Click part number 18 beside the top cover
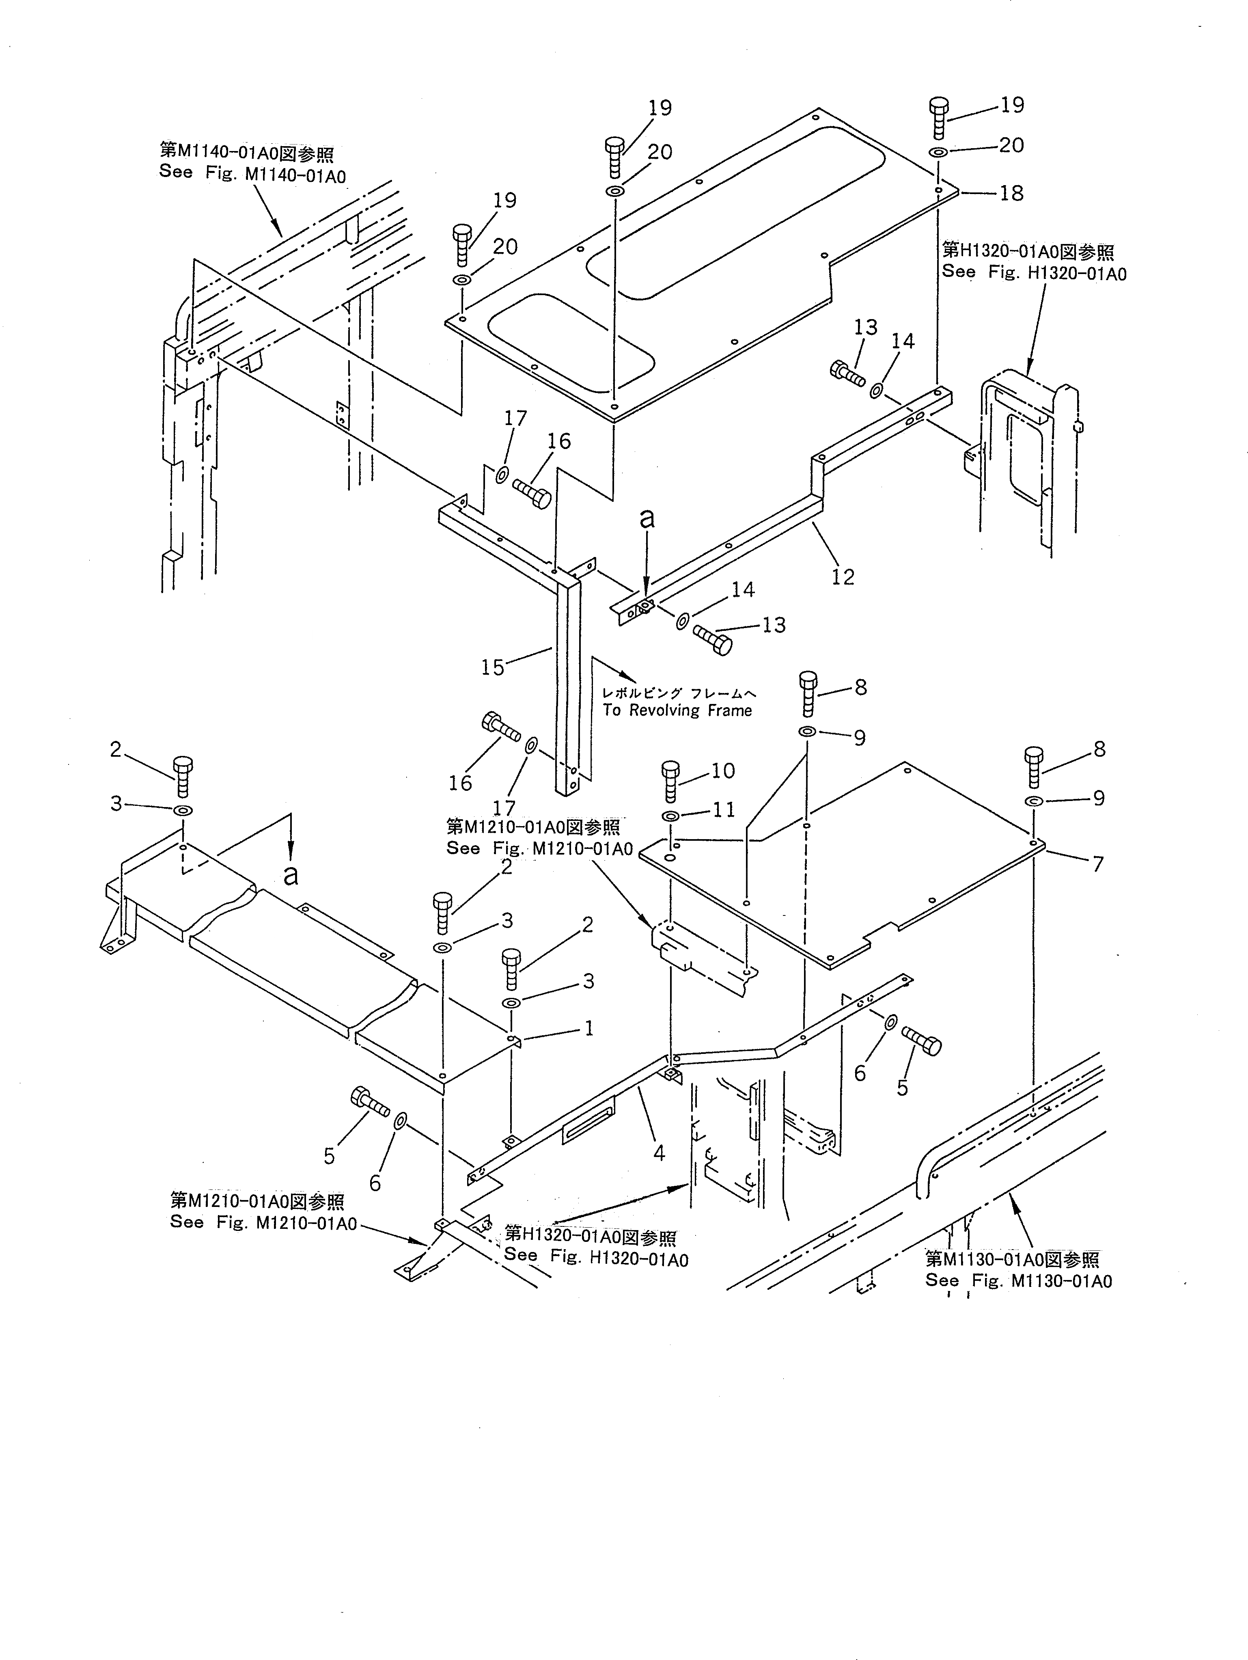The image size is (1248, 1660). click(1011, 194)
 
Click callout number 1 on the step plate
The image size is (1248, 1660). click(589, 1028)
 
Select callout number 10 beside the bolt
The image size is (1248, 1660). click(723, 771)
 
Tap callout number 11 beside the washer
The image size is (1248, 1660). click(723, 810)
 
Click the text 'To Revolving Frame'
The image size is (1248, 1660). click(677, 711)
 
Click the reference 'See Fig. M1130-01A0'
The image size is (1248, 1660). click(1018, 1281)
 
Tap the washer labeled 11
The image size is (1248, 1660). click(671, 816)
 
